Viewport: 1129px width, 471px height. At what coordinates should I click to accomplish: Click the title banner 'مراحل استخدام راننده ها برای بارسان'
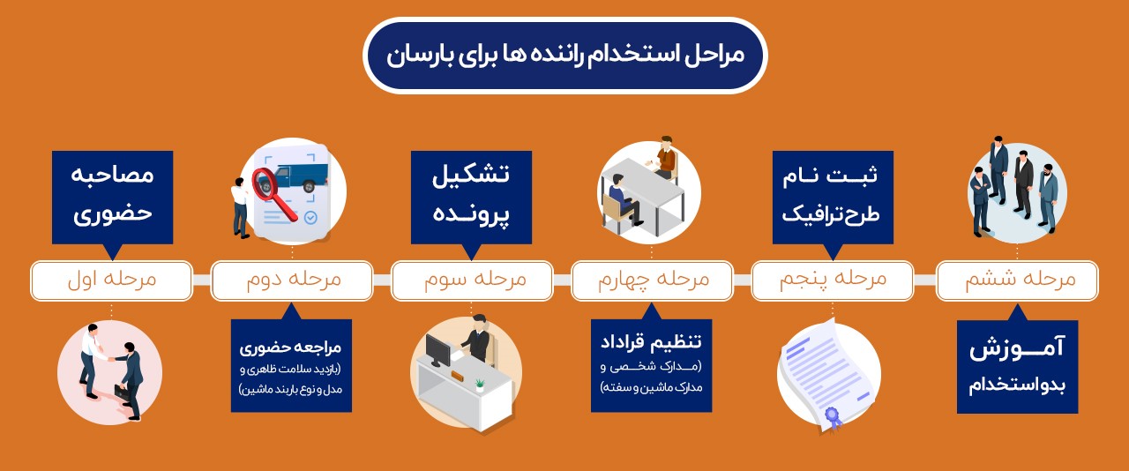pos(565,56)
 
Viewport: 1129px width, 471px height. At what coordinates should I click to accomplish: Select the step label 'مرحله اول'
pos(111,280)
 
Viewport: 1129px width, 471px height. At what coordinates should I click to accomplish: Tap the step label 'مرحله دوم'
pos(292,280)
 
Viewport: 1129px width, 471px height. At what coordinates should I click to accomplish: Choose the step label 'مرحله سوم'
pos(472,280)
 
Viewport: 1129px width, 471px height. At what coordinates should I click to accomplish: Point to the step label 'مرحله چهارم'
pos(652,280)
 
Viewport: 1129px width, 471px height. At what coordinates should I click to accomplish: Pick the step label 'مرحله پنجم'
pos(833,280)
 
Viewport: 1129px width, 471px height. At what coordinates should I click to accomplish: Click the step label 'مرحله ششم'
pos(1017,280)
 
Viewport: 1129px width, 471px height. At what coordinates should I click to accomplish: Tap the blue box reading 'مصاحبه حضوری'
pos(112,198)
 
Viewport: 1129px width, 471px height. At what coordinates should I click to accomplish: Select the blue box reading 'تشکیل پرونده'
pos(471,198)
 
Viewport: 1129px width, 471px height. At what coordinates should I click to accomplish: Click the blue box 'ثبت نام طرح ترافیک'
pos(833,198)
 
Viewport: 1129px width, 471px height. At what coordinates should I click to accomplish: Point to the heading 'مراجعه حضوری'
pos(291,348)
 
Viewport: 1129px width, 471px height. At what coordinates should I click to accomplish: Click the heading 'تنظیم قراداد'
pos(651,341)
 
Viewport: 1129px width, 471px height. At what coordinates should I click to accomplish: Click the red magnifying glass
pos(273,192)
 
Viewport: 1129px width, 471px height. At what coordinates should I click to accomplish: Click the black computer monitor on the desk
pos(437,350)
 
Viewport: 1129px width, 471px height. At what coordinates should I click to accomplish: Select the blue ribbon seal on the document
pos(833,417)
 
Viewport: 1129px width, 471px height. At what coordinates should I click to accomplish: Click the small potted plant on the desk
pos(479,385)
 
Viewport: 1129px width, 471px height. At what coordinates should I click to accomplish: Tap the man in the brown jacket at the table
pos(665,157)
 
